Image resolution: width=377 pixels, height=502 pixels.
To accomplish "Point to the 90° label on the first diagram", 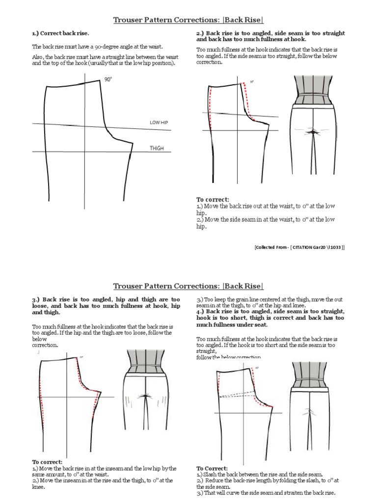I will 108,79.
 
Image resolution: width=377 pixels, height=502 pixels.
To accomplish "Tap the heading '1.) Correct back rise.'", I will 60,33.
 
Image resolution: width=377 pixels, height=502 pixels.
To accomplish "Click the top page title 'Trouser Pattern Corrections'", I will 188,20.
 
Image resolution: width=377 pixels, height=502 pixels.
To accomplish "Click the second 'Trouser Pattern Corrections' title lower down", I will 188,286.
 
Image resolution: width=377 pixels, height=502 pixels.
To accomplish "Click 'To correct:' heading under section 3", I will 48,462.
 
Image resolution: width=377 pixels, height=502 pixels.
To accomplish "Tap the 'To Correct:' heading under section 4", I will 213,468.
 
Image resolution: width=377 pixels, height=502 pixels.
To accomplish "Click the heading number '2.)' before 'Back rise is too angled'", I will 200,33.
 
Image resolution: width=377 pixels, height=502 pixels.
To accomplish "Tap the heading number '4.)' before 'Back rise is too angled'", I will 200,311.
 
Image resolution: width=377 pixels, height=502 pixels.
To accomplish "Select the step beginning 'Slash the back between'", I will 255,475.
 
